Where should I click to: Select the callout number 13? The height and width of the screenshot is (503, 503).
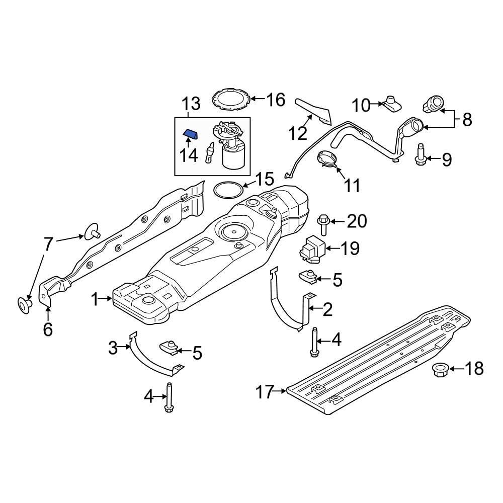click(x=191, y=104)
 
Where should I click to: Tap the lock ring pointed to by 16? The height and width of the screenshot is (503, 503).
click(x=231, y=99)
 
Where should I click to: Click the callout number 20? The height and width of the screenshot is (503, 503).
click(x=357, y=221)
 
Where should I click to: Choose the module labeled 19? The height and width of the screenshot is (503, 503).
click(x=312, y=248)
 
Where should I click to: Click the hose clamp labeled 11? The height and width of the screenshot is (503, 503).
click(x=327, y=159)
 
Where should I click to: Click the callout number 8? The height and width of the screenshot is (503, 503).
click(x=467, y=119)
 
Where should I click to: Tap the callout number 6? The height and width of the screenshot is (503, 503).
click(x=48, y=329)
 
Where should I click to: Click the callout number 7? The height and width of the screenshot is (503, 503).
click(x=48, y=244)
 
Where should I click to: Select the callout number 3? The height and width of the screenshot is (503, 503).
click(x=113, y=347)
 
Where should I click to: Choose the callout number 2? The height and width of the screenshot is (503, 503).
click(x=327, y=309)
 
